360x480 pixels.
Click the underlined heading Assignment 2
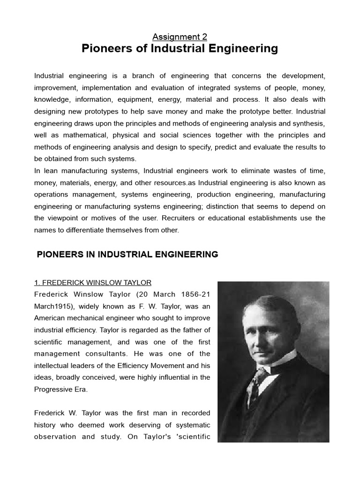180,37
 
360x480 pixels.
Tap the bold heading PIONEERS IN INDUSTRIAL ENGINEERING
127,255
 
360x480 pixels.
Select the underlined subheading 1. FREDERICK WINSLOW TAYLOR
93,283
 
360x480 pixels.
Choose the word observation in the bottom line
56,436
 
